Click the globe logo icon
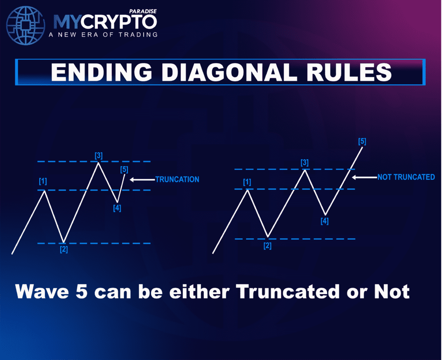26,26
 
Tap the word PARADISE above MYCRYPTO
143,11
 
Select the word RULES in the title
349,72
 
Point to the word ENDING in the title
101,72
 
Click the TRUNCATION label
177,179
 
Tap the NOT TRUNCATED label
406,177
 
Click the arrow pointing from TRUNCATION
142,180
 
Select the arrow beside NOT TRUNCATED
364,177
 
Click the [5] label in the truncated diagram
124,170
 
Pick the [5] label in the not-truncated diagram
362,141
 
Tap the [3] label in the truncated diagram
99,156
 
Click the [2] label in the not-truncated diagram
268,246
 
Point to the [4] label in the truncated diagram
117,208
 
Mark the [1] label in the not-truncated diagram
247,182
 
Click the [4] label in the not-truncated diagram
324,221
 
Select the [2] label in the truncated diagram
64,250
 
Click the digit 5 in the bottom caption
82,292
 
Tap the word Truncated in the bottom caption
288,291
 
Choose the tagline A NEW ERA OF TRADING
103,35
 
